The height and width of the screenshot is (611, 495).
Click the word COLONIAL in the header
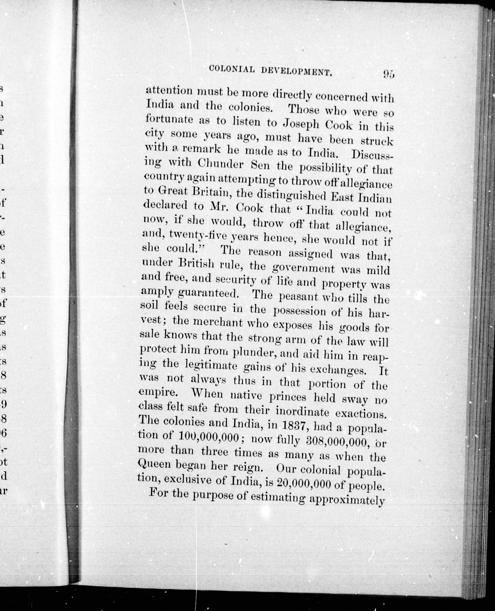[232, 69]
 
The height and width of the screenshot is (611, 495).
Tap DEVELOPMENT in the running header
[297, 71]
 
